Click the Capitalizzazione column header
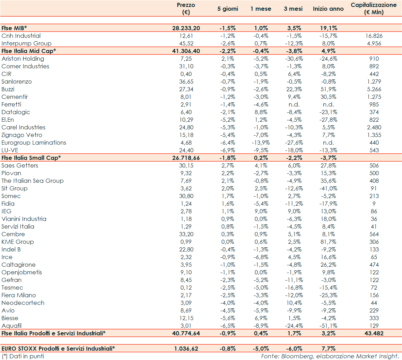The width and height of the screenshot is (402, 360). tap(374, 9)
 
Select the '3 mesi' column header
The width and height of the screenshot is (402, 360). tap(293, 9)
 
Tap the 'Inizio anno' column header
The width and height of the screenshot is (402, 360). tap(328, 9)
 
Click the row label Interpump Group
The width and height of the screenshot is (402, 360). tap(26, 43)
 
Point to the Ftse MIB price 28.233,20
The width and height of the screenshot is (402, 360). tap(186, 28)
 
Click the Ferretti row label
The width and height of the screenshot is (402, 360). tap(11, 104)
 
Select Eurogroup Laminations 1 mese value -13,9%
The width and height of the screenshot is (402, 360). tap(261, 143)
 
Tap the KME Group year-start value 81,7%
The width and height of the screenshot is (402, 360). tap(328, 242)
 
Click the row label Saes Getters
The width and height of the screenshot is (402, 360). tap(20, 165)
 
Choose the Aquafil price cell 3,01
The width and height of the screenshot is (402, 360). tap(186, 326)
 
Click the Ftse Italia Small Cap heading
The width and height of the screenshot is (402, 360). tap(31, 158)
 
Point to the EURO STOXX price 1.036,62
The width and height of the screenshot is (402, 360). tap(186, 349)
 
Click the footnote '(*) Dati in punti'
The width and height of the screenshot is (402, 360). tap(23, 356)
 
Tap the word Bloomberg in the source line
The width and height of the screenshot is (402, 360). tap(295, 356)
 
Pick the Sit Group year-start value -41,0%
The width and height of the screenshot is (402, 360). tap(328, 188)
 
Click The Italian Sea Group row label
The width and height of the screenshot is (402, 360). tap(33, 181)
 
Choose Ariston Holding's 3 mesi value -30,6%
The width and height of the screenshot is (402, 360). tap(293, 59)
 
